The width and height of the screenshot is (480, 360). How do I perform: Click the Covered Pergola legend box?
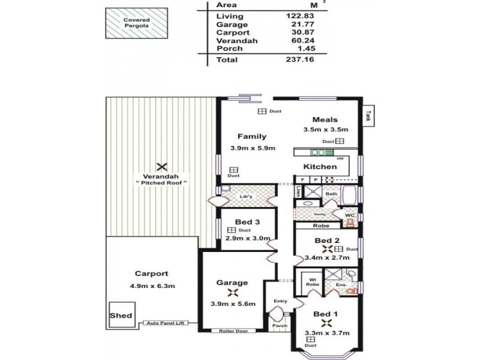tap(137, 23)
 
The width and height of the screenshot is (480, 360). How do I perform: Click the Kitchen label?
tap(319, 166)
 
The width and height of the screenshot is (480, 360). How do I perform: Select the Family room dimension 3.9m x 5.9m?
tap(252, 148)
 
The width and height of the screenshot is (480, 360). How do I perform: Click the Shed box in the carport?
tap(121, 316)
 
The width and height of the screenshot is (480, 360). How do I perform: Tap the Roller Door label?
tap(233, 330)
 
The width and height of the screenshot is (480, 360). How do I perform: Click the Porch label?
tap(280, 326)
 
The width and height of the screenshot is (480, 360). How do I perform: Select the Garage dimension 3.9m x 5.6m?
tap(234, 304)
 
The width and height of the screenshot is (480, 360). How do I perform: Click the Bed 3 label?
tap(247, 223)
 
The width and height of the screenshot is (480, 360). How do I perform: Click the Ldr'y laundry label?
tap(245, 196)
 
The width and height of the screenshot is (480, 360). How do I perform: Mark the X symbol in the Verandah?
tap(160, 166)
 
